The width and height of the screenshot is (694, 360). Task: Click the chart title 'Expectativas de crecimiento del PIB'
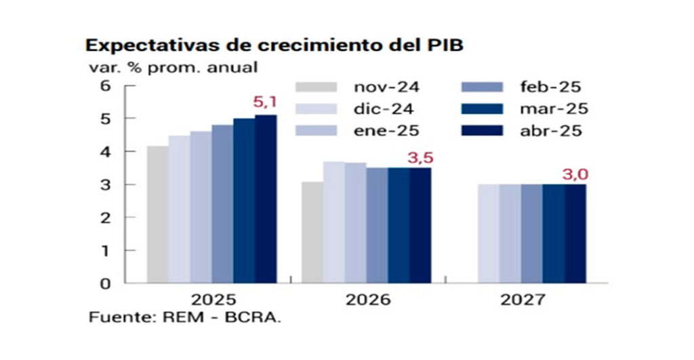[x=274, y=46]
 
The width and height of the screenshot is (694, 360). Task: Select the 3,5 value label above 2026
[x=420, y=159]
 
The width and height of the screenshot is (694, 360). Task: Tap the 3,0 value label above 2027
[x=575, y=175]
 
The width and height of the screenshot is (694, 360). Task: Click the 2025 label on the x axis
[x=213, y=300]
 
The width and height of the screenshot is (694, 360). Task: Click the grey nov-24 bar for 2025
[x=158, y=214]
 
